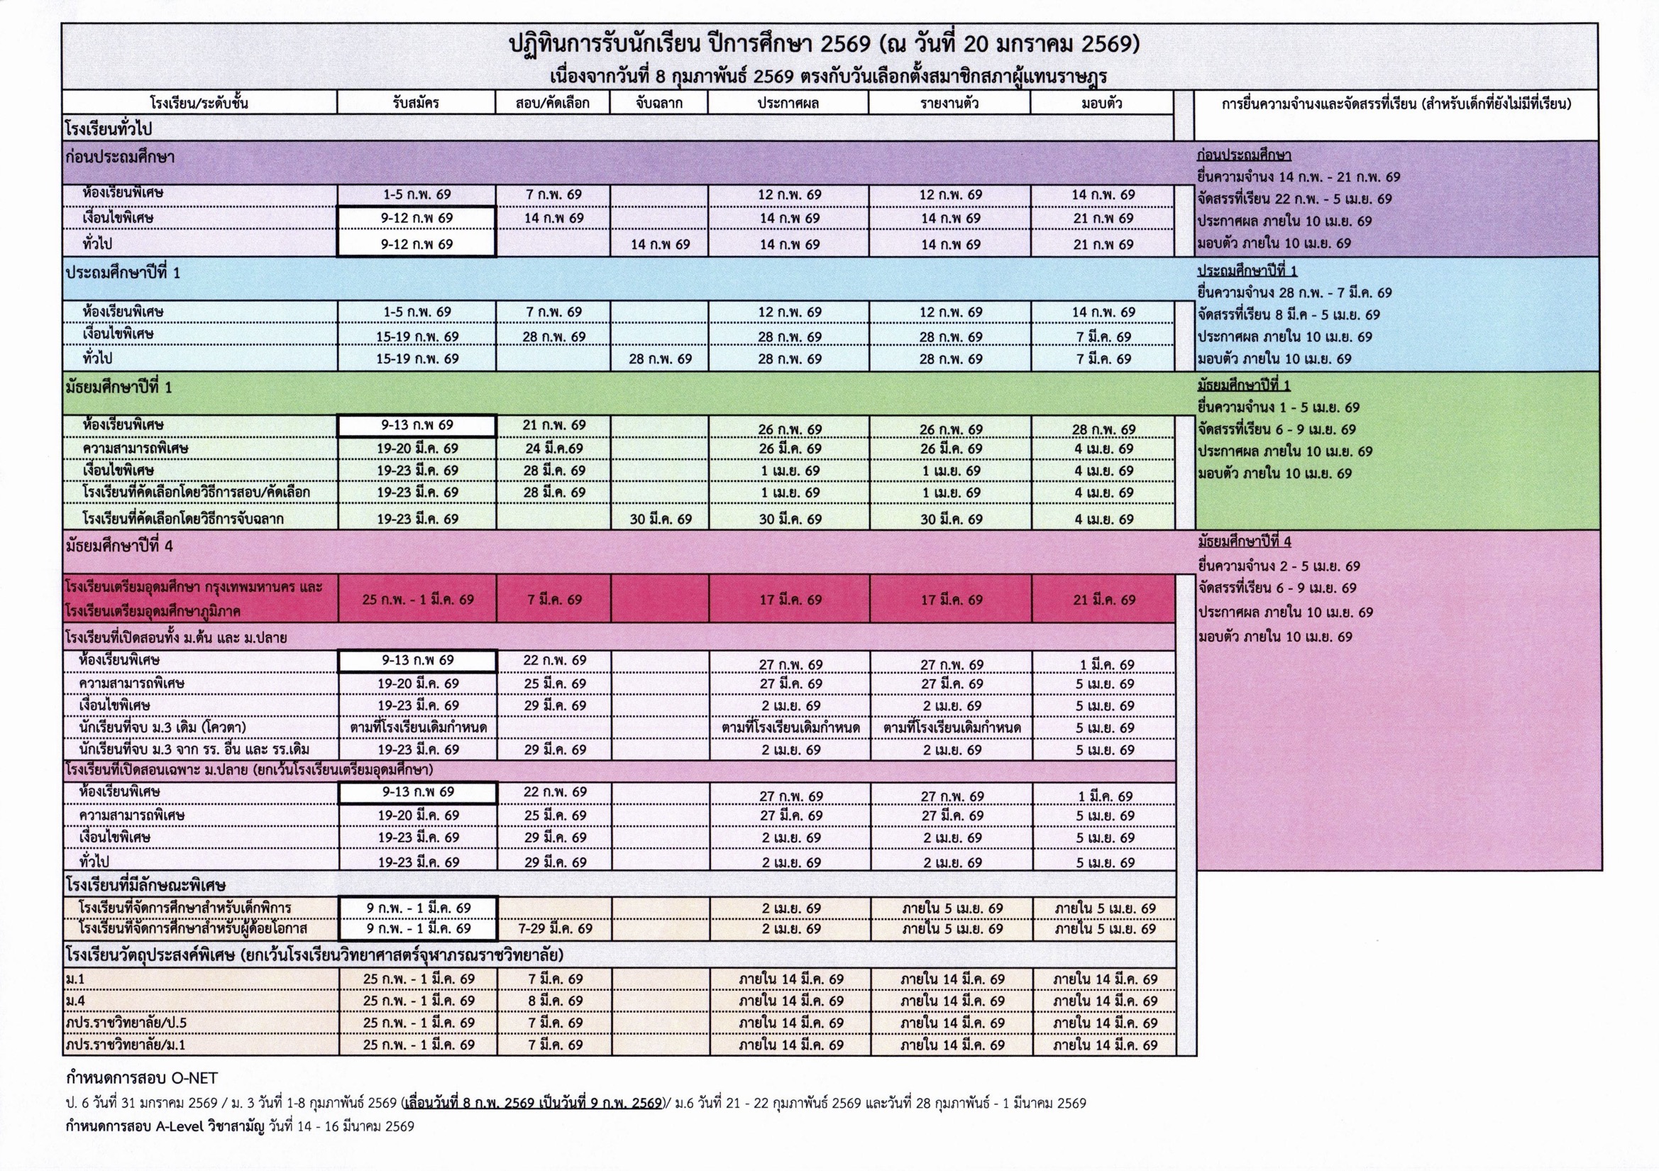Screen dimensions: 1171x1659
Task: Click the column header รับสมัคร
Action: (417, 103)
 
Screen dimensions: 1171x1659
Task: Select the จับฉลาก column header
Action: (659, 103)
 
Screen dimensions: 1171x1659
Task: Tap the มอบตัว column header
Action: (1101, 103)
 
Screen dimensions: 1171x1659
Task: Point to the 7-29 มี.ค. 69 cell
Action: (554, 929)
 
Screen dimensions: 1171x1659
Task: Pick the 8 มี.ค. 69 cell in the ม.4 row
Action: (554, 1001)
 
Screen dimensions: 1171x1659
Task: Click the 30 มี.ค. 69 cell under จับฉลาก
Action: (660, 519)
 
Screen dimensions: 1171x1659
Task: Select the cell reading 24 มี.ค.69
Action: (554, 448)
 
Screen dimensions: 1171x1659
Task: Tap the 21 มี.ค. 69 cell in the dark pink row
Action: (1103, 599)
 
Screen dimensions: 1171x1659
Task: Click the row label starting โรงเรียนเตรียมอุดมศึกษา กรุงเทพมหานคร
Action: (194, 587)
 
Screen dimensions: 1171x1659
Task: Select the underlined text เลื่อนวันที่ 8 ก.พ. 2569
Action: (470, 1103)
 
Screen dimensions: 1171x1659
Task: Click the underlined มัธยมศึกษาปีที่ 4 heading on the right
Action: (1245, 541)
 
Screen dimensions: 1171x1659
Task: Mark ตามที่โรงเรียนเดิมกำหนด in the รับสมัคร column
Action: (418, 727)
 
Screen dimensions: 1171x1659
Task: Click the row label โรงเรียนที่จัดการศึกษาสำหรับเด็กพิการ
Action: (185, 908)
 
